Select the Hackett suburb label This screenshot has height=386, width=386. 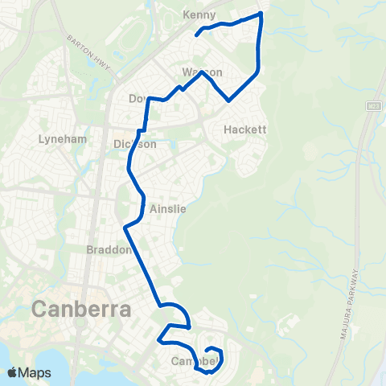click(x=244, y=129)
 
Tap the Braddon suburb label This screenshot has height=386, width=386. click(x=108, y=250)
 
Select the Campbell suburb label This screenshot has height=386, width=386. click(x=195, y=362)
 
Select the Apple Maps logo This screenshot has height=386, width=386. click(x=28, y=372)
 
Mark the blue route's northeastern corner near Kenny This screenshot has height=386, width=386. click(x=260, y=14)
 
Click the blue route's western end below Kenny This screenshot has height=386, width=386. click(x=196, y=35)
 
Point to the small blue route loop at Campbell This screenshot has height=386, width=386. click(x=214, y=353)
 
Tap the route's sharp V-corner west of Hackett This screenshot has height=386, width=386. click(x=229, y=101)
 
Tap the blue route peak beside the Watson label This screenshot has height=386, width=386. click(x=203, y=70)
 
